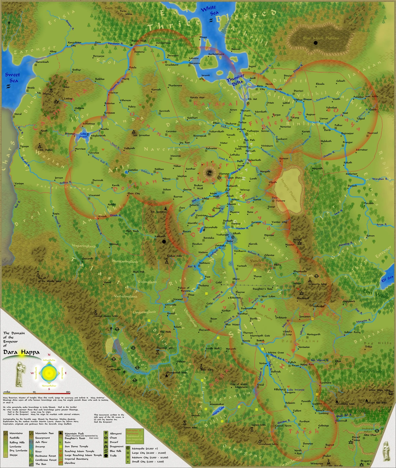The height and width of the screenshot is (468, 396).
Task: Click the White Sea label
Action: pyautogui.click(x=209, y=10)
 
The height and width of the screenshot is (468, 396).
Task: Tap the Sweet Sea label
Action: pyautogui.click(x=13, y=78)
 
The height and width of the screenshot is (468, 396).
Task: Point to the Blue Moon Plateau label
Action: pyautogui.click(x=320, y=38)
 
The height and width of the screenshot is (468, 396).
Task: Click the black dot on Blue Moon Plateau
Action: pyautogui.click(x=316, y=43)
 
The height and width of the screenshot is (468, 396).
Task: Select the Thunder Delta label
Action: pyautogui.click(x=236, y=79)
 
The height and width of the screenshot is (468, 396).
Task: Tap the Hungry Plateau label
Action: pyautogui.click(x=289, y=190)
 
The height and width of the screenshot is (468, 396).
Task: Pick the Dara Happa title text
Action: pyautogui.click(x=21, y=352)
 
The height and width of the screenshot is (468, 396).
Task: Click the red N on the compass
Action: pyautogui.click(x=49, y=355)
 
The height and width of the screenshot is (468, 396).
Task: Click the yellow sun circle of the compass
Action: pyautogui.click(x=49, y=373)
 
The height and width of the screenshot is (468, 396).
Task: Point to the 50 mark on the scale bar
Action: pyautogui.click(x=34, y=392)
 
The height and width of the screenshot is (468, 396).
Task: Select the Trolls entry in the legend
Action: pyautogui.click(x=113, y=455)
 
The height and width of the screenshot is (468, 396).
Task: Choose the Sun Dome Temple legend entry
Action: pyautogui.click(x=76, y=447)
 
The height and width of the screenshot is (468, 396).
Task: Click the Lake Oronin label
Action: pyautogui.click(x=84, y=135)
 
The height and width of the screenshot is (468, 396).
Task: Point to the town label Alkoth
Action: pyautogui.click(x=237, y=233)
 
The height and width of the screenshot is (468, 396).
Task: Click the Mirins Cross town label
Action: pyautogui.click(x=276, y=353)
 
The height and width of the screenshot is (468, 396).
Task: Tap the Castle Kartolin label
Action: pyautogui.click(x=113, y=368)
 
